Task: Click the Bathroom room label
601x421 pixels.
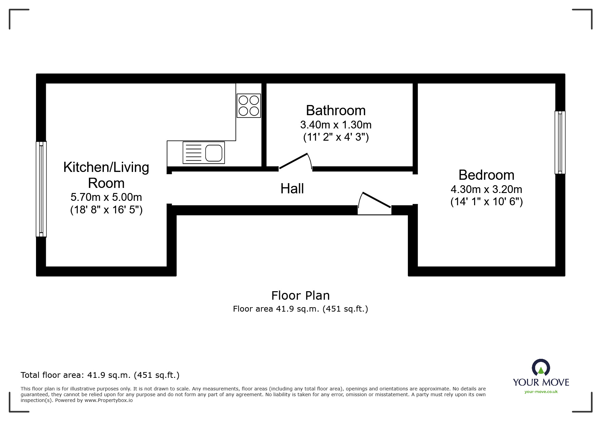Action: (x=336, y=111)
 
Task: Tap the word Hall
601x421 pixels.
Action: (x=292, y=189)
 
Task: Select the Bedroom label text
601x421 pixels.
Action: (x=486, y=175)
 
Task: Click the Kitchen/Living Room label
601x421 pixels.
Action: (x=106, y=175)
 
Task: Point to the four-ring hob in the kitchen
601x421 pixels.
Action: (x=249, y=106)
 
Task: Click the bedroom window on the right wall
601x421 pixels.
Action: (x=560, y=142)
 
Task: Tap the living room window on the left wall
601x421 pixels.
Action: (x=41, y=189)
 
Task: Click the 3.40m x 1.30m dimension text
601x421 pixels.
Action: (x=336, y=125)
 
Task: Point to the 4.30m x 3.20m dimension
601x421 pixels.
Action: (x=486, y=190)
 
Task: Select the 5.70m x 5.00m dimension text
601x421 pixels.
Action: (x=106, y=197)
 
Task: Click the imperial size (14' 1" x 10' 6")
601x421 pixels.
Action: (x=486, y=202)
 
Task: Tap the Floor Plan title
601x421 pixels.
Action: (x=300, y=296)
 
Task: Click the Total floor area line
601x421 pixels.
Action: (x=100, y=375)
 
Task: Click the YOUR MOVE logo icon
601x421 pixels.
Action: (x=541, y=368)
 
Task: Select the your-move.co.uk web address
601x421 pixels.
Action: (x=541, y=392)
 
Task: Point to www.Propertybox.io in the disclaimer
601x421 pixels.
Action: (x=109, y=400)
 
